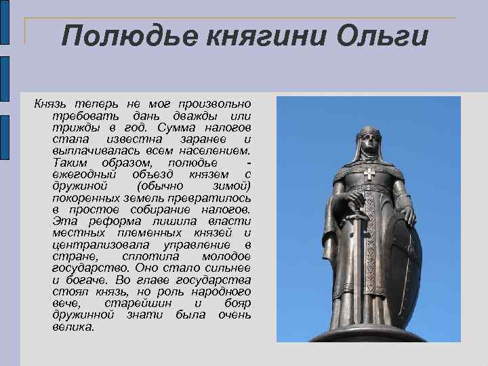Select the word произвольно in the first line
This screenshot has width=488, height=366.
click(214, 104)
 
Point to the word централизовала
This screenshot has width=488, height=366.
click(93, 245)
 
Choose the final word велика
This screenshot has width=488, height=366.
click(73, 327)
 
